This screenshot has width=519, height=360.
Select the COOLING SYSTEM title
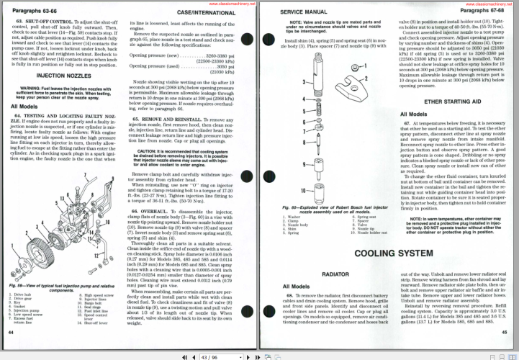(389, 253)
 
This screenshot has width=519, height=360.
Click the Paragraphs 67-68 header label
(487, 12)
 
